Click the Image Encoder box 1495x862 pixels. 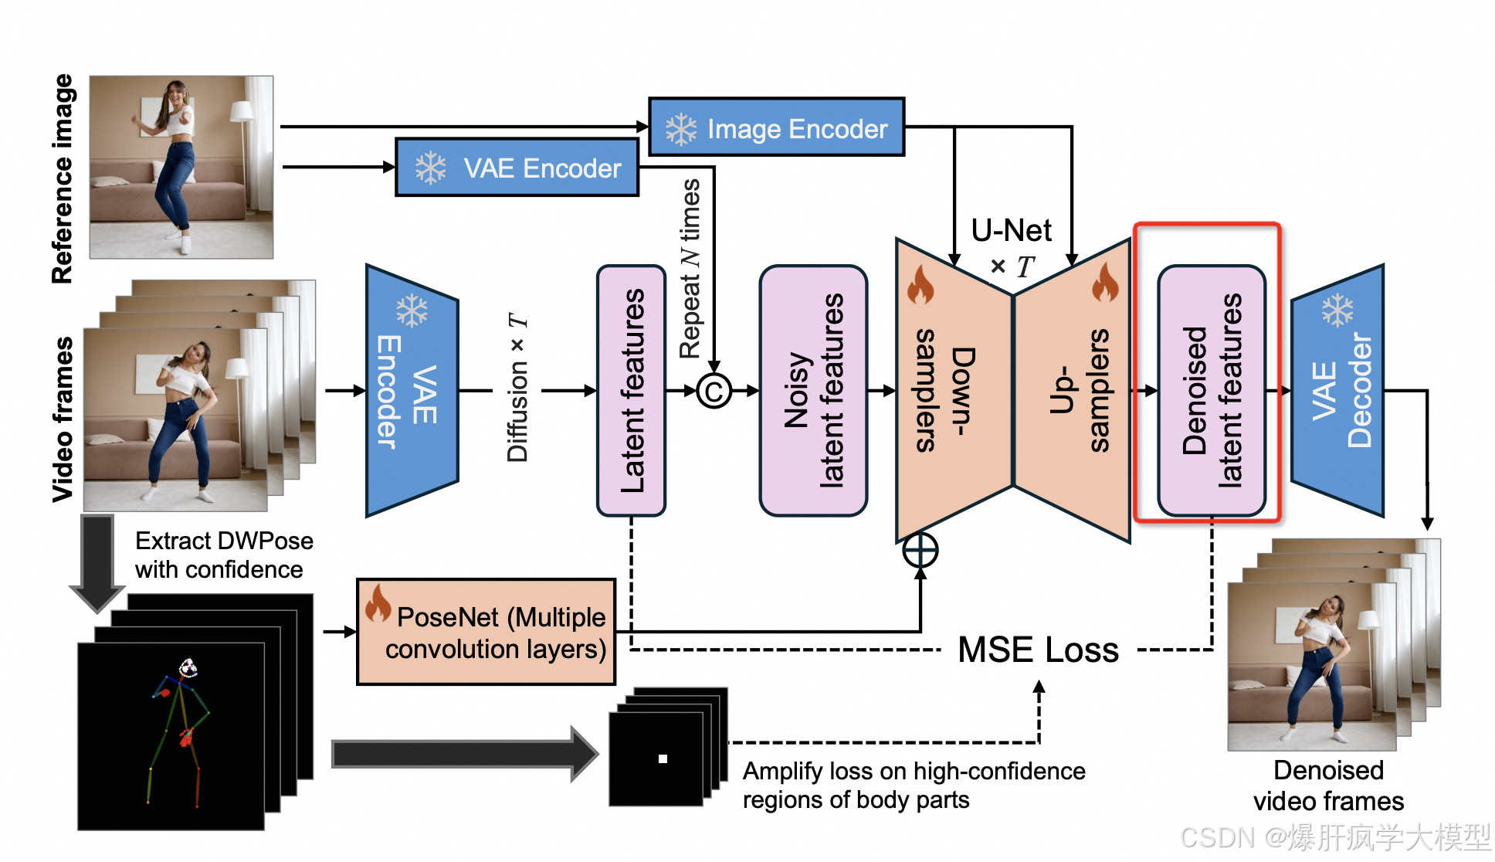click(x=776, y=127)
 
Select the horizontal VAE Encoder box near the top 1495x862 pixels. click(x=517, y=168)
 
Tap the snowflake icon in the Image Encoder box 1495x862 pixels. click(x=681, y=129)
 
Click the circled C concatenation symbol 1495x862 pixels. click(x=714, y=391)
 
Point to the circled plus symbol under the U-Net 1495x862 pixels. click(x=920, y=551)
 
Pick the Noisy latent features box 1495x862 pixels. click(x=813, y=391)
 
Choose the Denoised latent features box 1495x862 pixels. click(x=1211, y=391)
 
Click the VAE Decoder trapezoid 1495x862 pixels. click(x=1337, y=391)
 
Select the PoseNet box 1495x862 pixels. click(x=486, y=632)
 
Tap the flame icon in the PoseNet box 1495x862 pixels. click(x=378, y=603)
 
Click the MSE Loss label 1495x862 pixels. click(x=1038, y=650)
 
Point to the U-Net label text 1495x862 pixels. click(x=1011, y=230)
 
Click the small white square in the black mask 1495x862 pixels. click(x=663, y=758)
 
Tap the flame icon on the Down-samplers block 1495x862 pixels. click(x=920, y=285)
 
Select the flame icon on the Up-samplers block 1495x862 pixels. click(x=1105, y=283)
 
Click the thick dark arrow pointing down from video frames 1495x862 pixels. click(x=97, y=562)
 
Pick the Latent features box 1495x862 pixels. click(x=631, y=391)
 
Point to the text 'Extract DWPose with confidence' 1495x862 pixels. click(x=224, y=555)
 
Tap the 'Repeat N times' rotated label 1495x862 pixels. click(x=690, y=269)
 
